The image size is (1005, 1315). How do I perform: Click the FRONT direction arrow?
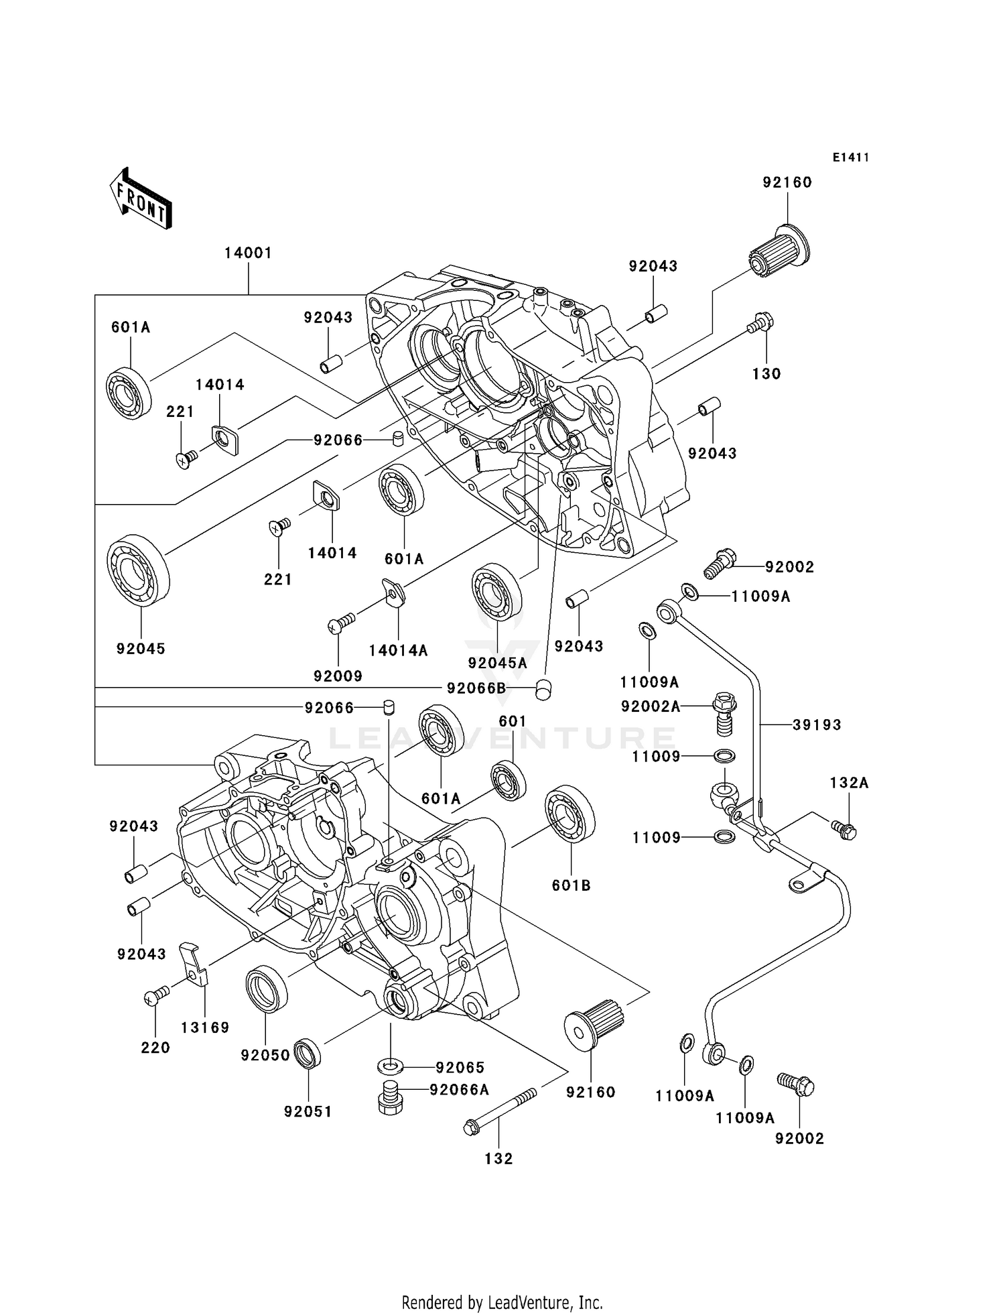pos(141,199)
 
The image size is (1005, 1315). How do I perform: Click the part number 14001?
pos(248,253)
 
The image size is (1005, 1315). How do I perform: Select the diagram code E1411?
pos(851,158)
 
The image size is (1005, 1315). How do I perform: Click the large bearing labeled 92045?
pos(139,570)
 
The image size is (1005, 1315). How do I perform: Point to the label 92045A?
pos(498,664)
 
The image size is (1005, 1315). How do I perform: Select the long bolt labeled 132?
pos(499,1111)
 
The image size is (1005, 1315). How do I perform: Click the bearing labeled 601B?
pos(570,821)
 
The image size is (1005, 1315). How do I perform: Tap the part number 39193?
pos(817,725)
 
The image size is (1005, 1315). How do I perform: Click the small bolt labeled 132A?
pos(844,830)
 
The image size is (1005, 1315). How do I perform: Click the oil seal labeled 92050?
pos(266,988)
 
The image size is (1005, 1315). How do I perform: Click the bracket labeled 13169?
pos(194,964)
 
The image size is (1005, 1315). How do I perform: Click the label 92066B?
pos(476,688)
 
